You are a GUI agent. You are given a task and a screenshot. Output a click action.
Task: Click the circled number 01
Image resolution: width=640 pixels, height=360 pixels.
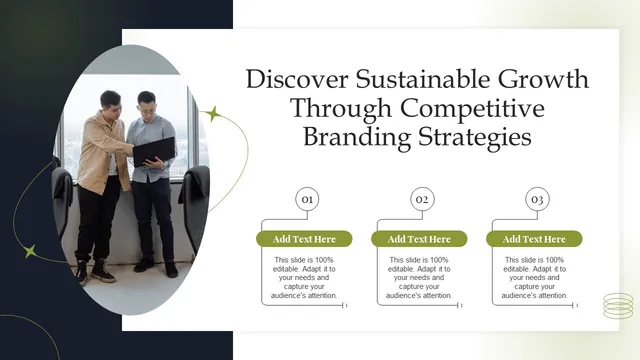point(308,200)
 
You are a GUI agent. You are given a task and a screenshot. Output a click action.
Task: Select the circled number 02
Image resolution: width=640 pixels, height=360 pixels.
point(422,200)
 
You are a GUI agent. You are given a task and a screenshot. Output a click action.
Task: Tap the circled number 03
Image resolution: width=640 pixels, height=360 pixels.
point(537,200)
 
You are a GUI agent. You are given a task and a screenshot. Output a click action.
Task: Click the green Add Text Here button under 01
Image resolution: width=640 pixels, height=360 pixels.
point(304,239)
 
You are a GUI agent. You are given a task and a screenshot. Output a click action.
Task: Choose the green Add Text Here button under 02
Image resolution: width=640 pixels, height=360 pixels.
point(419,239)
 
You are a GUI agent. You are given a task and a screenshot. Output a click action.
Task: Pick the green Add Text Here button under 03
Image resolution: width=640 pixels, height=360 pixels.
point(534,239)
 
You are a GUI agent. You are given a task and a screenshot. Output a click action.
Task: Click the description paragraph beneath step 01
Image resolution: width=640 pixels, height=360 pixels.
point(305,277)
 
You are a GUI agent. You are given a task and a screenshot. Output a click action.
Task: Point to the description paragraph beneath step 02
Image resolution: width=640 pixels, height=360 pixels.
point(420,277)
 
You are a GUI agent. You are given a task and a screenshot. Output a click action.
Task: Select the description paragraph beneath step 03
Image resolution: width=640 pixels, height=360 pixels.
point(535,277)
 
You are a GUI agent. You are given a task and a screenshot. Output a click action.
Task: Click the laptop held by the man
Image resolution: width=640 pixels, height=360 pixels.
point(154,151)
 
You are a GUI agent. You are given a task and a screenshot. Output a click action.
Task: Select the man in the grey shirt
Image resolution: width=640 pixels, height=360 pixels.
point(152,185)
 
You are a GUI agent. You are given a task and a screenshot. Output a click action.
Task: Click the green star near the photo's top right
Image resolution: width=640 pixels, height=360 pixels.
point(212,114)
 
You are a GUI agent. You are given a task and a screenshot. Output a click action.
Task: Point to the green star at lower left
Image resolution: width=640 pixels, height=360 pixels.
point(31,251)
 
